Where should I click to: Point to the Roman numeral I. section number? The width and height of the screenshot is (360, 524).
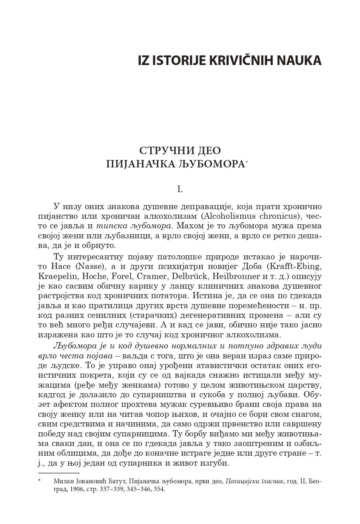pos(180,190)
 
